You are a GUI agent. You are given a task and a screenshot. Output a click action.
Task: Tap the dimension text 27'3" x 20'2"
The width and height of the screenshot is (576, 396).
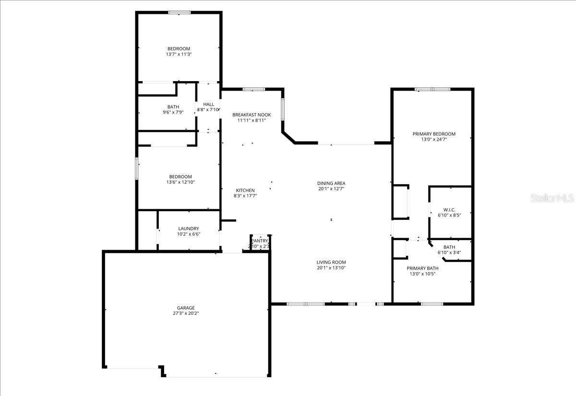pyautogui.click(x=186, y=313)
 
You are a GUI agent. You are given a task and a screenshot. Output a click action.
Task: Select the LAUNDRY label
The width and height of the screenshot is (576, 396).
pyautogui.click(x=188, y=228)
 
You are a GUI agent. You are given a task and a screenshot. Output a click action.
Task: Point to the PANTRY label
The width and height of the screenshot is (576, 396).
pyautogui.click(x=260, y=241)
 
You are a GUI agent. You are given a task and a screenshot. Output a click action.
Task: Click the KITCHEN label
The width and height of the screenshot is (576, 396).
pyautogui.click(x=245, y=191)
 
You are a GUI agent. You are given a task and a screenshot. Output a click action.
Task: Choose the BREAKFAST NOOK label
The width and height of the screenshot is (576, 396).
pyautogui.click(x=252, y=115)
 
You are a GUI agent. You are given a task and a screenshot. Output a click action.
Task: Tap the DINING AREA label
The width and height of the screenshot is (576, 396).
pyautogui.click(x=331, y=183)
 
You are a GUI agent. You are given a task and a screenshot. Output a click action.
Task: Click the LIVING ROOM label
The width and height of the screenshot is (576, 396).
pyautogui.click(x=331, y=262)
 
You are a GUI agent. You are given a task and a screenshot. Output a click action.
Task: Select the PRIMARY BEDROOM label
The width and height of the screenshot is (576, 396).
pyautogui.click(x=434, y=134)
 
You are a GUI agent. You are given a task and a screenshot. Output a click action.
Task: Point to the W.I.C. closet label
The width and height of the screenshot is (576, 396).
pyautogui.click(x=449, y=210)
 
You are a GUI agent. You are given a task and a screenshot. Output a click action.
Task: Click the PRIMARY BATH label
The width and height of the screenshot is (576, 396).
pyautogui.click(x=422, y=268)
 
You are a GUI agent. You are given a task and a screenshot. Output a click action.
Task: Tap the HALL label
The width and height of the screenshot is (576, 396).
pyautogui.click(x=208, y=104)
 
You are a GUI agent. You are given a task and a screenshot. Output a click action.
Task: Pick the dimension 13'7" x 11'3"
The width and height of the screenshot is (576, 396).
pyautogui.click(x=179, y=54)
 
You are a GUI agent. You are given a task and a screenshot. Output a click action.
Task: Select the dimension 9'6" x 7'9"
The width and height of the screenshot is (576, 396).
pyautogui.click(x=173, y=112)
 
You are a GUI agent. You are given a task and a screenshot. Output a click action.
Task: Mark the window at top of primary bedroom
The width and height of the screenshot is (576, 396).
pyautogui.click(x=432, y=89)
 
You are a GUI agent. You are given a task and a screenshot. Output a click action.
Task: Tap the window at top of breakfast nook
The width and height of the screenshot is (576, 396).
pyautogui.click(x=253, y=89)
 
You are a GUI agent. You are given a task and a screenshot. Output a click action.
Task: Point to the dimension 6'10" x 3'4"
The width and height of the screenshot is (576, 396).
pyautogui.click(x=449, y=252)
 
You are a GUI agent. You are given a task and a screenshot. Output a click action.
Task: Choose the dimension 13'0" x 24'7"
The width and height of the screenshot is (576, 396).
pyautogui.click(x=434, y=140)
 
